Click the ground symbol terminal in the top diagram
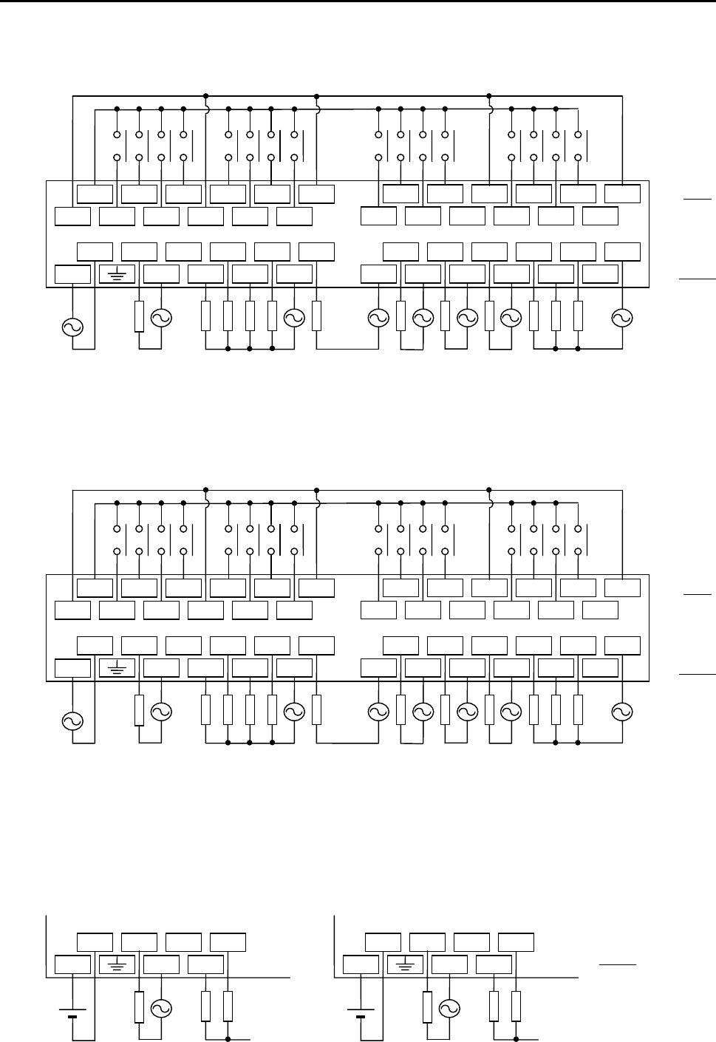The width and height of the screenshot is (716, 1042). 117,275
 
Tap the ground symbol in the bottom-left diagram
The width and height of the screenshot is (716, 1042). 117,964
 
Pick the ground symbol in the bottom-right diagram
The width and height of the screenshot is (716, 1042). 405,964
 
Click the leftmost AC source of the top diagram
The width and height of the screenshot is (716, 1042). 72,327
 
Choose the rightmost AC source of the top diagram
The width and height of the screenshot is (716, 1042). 622,318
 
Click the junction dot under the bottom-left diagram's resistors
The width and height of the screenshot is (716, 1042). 228,1039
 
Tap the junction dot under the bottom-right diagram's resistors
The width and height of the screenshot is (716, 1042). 516,1039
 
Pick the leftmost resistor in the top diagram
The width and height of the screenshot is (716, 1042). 139,316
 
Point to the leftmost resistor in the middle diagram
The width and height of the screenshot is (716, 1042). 139,711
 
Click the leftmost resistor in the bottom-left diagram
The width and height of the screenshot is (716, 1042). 139,1007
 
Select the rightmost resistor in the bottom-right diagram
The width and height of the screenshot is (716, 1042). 516,1006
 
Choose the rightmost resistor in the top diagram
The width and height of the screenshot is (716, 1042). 578,316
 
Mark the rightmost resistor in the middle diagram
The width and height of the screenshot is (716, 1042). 578,711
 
